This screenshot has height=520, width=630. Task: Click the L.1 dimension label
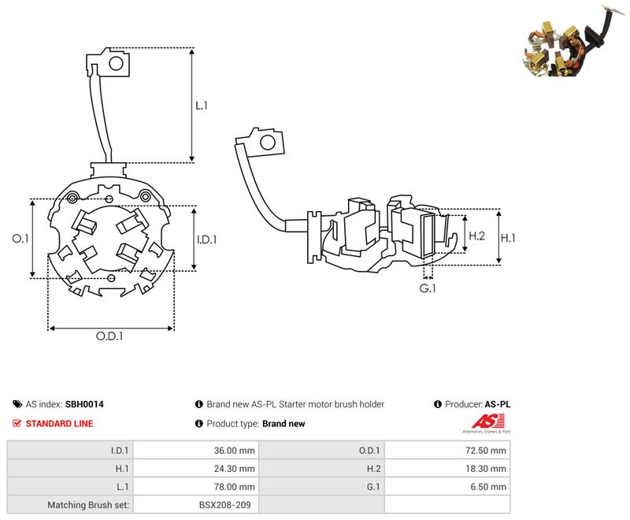coord(202,106)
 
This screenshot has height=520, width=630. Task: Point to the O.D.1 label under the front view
coord(109,336)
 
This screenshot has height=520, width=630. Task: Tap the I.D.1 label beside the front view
coord(206,240)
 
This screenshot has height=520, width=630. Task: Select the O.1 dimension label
coord(20,238)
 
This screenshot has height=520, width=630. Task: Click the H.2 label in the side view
coord(476,236)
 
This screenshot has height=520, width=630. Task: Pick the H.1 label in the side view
coord(507,238)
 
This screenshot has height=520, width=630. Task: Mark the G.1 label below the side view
coord(427,288)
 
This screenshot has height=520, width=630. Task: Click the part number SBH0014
coord(84,404)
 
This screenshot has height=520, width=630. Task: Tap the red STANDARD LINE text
coord(59,424)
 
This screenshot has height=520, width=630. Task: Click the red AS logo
coord(487,422)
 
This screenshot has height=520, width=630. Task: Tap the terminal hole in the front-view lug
coord(116,63)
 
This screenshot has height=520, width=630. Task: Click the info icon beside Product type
coord(199,423)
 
